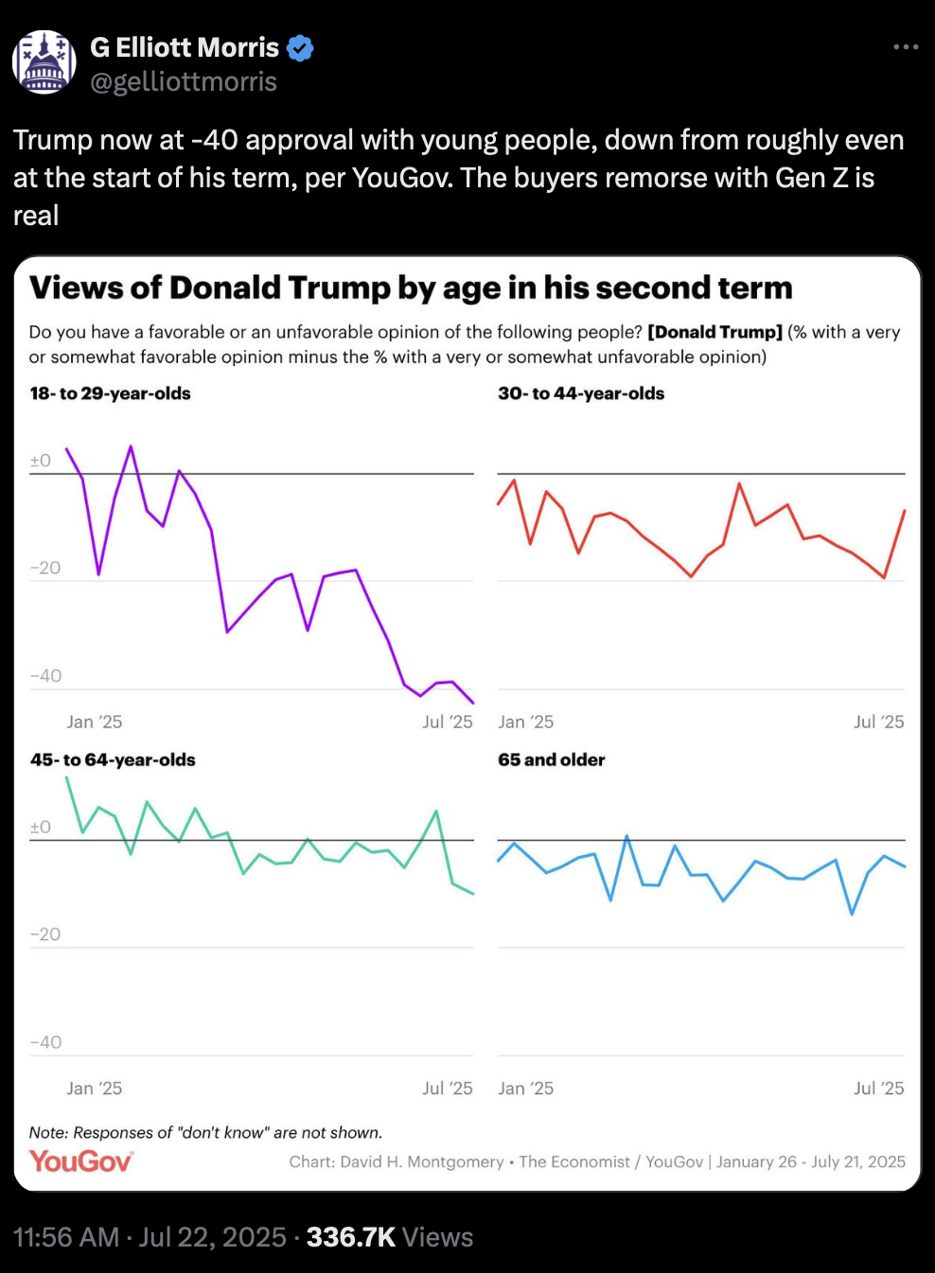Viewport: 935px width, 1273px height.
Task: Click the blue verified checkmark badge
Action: pyautogui.click(x=300, y=47)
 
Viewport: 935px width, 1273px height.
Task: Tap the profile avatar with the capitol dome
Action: pyautogui.click(x=44, y=62)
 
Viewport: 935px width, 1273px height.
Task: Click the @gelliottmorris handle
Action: pyautogui.click(x=184, y=82)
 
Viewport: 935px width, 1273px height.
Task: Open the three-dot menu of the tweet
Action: pyautogui.click(x=906, y=47)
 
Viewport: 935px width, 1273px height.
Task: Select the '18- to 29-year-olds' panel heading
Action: pyautogui.click(x=111, y=393)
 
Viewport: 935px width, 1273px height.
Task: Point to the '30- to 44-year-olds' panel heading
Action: pyautogui.click(x=581, y=393)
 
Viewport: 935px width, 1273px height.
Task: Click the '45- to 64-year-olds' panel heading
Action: pyautogui.click(x=113, y=759)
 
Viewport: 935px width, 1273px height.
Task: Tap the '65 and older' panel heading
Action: pyautogui.click(x=552, y=759)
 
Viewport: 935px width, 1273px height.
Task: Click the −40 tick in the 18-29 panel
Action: pyautogui.click(x=45, y=676)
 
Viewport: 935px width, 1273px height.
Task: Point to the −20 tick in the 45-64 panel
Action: pyautogui.click(x=45, y=934)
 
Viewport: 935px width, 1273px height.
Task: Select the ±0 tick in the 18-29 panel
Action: pyautogui.click(x=41, y=461)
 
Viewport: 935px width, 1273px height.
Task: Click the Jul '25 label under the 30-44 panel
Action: pyautogui.click(x=878, y=722)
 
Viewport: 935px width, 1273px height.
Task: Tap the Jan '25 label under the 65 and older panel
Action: pyautogui.click(x=526, y=1089)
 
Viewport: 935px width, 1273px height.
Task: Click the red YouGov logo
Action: pyautogui.click(x=80, y=1160)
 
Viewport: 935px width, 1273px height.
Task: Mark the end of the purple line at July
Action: pyautogui.click(x=473, y=703)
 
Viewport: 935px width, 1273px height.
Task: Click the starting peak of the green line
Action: pyautogui.click(x=66, y=777)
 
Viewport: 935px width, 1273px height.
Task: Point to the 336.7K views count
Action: pyautogui.click(x=350, y=1237)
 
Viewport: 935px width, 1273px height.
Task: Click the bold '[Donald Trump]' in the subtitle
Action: pyautogui.click(x=714, y=332)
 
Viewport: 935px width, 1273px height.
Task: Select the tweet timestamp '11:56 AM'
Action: pyautogui.click(x=66, y=1237)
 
